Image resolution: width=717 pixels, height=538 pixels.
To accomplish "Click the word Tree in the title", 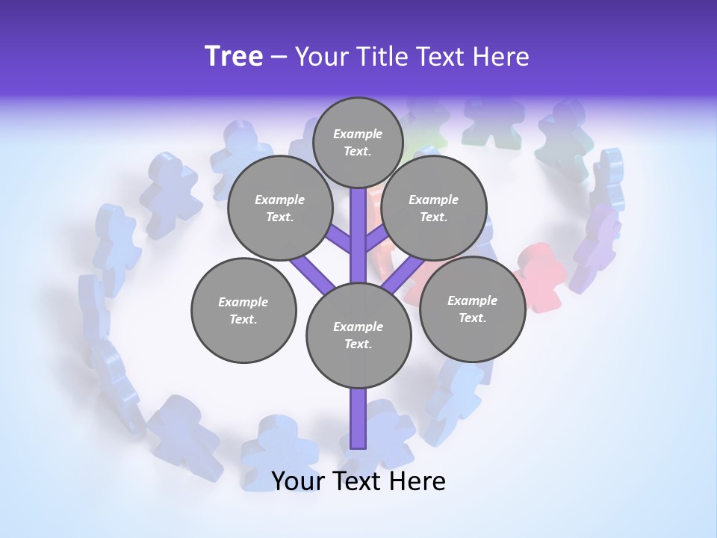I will (x=234, y=57).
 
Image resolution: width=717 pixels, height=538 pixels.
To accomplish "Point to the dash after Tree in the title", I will (x=279, y=58).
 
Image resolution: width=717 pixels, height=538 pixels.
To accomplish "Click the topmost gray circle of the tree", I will (x=358, y=143).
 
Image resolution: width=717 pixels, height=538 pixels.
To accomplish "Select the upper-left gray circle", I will (x=279, y=208).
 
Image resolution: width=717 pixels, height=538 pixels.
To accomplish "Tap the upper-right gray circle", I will (x=433, y=208).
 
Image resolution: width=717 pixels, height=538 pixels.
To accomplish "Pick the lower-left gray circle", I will (x=243, y=310).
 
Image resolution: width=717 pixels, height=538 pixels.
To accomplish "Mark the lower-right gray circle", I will (x=472, y=309).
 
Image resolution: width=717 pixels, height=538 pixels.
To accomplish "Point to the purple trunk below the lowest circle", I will (x=358, y=418).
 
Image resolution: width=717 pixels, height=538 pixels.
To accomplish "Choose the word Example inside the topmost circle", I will (x=358, y=134).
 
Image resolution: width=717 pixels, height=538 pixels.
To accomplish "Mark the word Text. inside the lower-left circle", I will (x=243, y=319).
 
